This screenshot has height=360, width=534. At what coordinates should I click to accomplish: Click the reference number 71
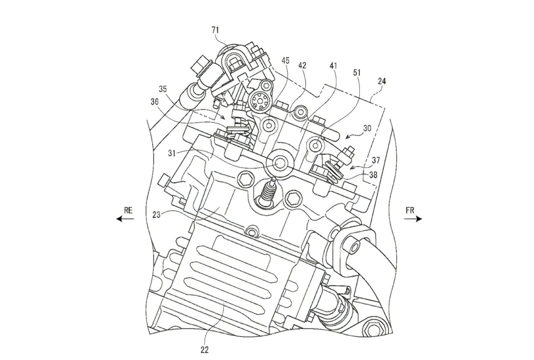[215, 30]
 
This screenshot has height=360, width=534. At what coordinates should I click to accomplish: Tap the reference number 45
[286, 60]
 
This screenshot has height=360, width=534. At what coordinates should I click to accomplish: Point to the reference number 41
[333, 66]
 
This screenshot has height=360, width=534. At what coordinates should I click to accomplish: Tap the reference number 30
[367, 128]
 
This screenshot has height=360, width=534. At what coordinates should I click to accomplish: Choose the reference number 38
[373, 175]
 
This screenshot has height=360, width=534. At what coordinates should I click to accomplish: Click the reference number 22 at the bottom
[205, 350]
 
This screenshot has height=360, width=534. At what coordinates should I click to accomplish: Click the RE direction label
[128, 210]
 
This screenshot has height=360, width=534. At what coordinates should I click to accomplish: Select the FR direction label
[410, 210]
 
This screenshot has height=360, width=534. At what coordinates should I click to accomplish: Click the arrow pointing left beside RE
[124, 219]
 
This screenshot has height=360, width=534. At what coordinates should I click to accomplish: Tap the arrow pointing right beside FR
[414, 219]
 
